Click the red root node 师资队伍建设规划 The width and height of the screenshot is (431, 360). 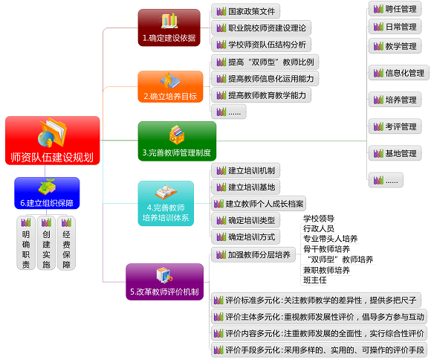coord(53,141)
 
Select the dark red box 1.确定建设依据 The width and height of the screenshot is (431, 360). coord(169,28)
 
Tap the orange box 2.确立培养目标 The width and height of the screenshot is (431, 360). coord(170,86)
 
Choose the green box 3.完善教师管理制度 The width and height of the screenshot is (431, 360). coord(177,141)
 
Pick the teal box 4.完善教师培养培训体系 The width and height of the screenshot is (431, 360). coord(166,203)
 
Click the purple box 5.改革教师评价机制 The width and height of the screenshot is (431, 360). coord(165,282)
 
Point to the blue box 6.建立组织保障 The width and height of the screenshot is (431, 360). coord(47,193)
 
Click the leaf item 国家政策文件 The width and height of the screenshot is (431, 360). coord(246,11)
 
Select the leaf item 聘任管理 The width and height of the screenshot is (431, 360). coord(395,9)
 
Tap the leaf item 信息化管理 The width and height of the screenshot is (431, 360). coord(399,73)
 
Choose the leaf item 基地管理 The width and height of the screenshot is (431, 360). coord(395,153)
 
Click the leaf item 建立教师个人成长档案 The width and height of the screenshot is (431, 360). coord(259,204)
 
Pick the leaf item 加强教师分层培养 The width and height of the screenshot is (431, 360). coord(253,255)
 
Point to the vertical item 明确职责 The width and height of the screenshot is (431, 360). coord(26,242)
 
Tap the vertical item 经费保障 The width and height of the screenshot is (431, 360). coord(66,242)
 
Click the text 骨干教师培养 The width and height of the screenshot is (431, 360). coord(326,249)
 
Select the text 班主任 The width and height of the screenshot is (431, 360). coord(315,280)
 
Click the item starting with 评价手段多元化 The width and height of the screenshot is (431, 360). coord(319,350)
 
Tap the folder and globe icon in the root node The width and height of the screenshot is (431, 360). coord(52,132)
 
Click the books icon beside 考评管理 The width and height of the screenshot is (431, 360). coord(378,126)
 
